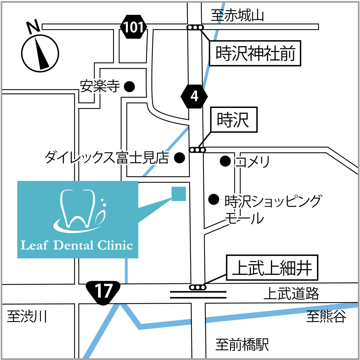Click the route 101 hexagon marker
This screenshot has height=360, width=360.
coord(133,27)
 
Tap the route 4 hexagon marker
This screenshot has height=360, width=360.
coord(194,96)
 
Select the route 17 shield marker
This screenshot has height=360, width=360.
coord(103,292)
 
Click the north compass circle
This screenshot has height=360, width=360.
coord(40,53)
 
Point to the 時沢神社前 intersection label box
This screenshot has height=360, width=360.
coord(255,53)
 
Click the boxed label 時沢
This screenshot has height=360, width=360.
coord(234,120)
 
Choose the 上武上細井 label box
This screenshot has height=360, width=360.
coord(272,267)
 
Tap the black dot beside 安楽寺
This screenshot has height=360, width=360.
coord(129,86)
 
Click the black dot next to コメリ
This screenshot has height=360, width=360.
coord(225,161)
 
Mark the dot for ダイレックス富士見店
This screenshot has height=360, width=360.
coord(179,158)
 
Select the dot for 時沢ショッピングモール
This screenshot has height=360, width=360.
coord(214,199)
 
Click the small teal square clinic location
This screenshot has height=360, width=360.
coord(179,194)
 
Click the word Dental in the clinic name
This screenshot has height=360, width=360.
coord(73,245)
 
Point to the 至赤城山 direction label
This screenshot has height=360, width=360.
coord(237,15)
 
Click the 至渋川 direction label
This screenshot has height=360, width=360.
coord(27,316)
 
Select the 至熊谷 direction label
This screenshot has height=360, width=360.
coord(326,316)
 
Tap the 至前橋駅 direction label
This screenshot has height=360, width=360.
coord(242,345)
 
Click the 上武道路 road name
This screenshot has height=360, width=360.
coord(291,294)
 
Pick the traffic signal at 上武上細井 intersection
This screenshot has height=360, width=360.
coord(198,287)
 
